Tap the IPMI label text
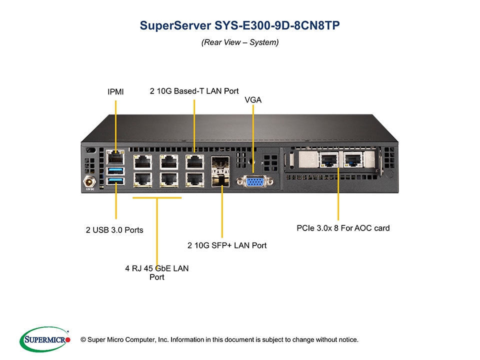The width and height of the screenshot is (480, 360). coord(115,91)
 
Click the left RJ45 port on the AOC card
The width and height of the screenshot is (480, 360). coord(328,160)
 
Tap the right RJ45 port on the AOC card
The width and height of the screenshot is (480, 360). coord(353,160)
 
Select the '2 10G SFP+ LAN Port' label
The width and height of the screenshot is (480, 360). coord(227,245)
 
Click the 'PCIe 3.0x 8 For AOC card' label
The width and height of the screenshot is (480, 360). coord(343,228)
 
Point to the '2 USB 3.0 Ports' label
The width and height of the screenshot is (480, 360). coord(114,230)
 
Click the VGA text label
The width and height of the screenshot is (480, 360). coord(253,100)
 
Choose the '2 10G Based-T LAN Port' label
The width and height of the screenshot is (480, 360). coord(194,91)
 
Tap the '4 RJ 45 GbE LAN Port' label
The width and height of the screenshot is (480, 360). coord(157,272)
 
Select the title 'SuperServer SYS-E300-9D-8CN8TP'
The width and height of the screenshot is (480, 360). coord(239,25)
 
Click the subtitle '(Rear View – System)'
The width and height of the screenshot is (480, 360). coord(239,42)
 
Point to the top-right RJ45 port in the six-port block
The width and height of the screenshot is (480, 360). coord(194,161)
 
